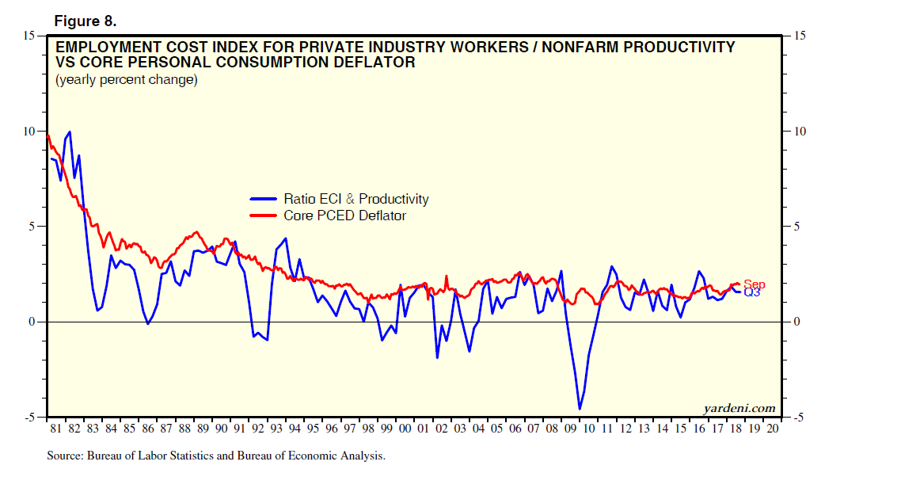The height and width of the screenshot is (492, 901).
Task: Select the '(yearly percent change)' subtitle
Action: [x=126, y=79]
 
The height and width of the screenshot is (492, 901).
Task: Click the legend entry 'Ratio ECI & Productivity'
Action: [x=355, y=200]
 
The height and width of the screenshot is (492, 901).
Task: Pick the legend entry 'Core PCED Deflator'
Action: [x=344, y=215]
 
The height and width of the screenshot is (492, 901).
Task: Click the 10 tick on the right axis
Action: [x=798, y=132]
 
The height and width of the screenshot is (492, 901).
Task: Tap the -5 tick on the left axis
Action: [x=29, y=418]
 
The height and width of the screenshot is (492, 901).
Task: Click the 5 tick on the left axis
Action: [x=31, y=227]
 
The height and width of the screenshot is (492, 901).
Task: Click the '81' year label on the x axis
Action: [x=55, y=429]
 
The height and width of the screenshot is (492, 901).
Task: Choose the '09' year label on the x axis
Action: [x=570, y=429]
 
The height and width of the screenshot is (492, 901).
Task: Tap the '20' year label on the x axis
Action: [x=772, y=429]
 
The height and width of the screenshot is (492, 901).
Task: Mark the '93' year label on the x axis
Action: [x=276, y=429]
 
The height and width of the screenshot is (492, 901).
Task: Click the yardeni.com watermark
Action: [x=739, y=408]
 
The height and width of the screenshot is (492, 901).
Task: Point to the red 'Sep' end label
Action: [x=754, y=284]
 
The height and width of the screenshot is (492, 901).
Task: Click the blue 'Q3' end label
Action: [x=752, y=293]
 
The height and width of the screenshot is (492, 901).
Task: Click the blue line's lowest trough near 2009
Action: [x=580, y=409]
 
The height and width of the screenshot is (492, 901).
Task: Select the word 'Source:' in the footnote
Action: [x=66, y=456]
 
